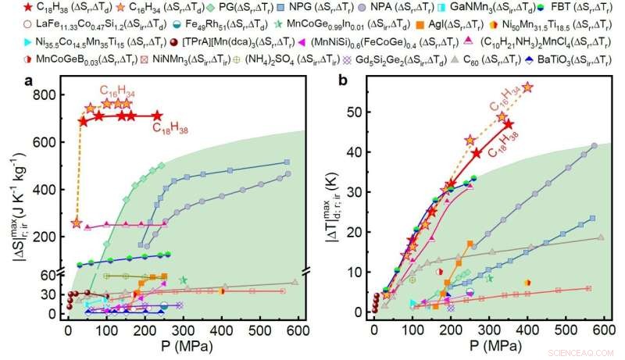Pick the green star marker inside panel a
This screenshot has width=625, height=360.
pos(184,280)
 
